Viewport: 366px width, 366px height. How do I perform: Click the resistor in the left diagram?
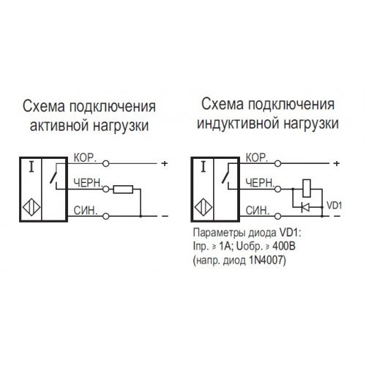pyautogui.click(x=123, y=190)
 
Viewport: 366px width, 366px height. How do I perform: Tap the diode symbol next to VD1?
pyautogui.click(x=305, y=207)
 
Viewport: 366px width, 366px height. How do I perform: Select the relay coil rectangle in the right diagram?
pyautogui.click(x=307, y=188)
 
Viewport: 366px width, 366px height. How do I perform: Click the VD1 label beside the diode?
pyautogui.click(x=335, y=206)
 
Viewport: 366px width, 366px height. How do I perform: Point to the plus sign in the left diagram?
pyautogui.click(x=165, y=163)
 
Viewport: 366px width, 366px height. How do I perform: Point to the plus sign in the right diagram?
pyautogui.click(x=336, y=163)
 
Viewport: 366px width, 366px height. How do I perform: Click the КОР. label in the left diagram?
pyautogui.click(x=85, y=158)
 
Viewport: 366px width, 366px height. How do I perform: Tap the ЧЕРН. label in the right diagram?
pyautogui.click(x=260, y=183)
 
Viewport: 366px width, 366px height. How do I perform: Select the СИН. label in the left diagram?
pyautogui.click(x=86, y=211)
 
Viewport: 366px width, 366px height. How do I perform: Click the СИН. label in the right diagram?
pyautogui.click(x=257, y=211)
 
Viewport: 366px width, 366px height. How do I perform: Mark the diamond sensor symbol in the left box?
pyautogui.click(x=31, y=207)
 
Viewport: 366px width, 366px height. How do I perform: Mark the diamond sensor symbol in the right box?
pyautogui.click(x=203, y=207)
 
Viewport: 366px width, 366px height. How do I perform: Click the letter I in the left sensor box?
pyautogui.click(x=31, y=167)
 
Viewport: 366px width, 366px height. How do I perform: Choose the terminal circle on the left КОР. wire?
pyautogui.click(x=105, y=163)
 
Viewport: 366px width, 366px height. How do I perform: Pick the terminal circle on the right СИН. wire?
pyautogui.click(x=277, y=216)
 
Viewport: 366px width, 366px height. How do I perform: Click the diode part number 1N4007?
pyautogui.click(x=266, y=261)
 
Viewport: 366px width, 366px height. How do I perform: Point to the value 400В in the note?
pyautogui.click(x=284, y=247)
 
